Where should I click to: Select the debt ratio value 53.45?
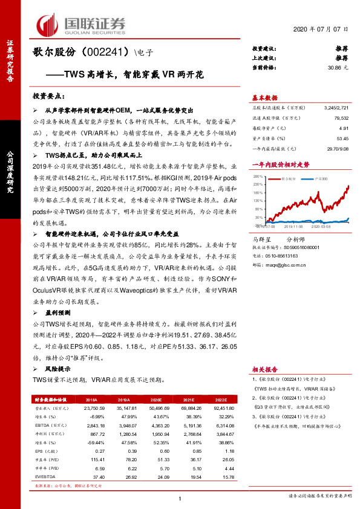[x=342, y=138]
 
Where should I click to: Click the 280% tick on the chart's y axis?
[x=257, y=177]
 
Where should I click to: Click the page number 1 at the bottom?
[x=180, y=497]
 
